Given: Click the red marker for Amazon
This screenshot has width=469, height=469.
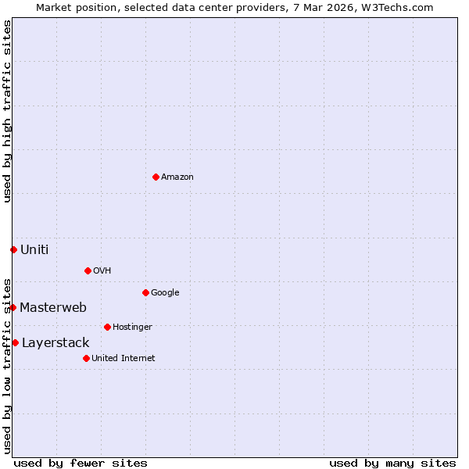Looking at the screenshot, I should coord(156,177).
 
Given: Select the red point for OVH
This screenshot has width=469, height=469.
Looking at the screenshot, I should coord(88,270).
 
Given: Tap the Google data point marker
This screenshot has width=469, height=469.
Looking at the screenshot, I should coord(145,292).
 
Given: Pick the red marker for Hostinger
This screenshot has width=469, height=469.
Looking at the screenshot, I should coord(107,327).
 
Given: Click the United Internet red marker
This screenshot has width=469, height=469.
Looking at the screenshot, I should coord(86,358).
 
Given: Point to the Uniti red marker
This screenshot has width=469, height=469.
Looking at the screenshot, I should coord(13,249).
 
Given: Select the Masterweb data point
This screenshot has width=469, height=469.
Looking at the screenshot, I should coord(13,307).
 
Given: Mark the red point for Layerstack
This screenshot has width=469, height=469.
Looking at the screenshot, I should coord(15,342).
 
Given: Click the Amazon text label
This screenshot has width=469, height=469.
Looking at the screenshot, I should coord(177,177).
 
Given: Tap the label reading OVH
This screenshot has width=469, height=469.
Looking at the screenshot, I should coord(102,270).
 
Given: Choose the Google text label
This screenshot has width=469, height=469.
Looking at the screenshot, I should coord(165,292).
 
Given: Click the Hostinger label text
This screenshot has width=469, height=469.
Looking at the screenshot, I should coord(132,327).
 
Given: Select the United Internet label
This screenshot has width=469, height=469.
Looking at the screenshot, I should coord(124,358).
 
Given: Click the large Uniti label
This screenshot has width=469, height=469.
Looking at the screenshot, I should coord(34,249).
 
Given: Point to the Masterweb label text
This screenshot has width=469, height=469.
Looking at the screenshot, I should coord(53,307).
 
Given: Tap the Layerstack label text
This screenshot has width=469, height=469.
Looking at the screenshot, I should coord(55,342).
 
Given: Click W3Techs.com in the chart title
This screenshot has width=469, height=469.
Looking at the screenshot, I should coord(396,7).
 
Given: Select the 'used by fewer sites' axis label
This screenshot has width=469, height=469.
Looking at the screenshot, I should coord(81,463).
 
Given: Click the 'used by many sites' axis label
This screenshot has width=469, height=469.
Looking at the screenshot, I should coord(392,463).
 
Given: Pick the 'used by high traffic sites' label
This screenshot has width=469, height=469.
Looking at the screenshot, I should coord(7,111).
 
